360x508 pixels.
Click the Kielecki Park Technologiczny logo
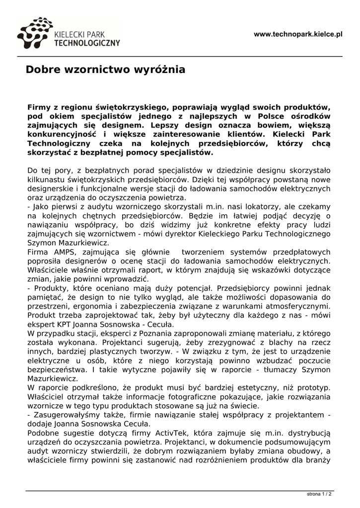(69, 34)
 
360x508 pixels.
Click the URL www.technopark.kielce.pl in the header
(298, 34)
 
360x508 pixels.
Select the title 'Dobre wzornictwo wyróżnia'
(105, 70)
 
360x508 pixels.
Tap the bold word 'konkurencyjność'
(62, 134)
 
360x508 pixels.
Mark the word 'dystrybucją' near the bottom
(309, 433)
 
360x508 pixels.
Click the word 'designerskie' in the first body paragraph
(52, 189)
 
